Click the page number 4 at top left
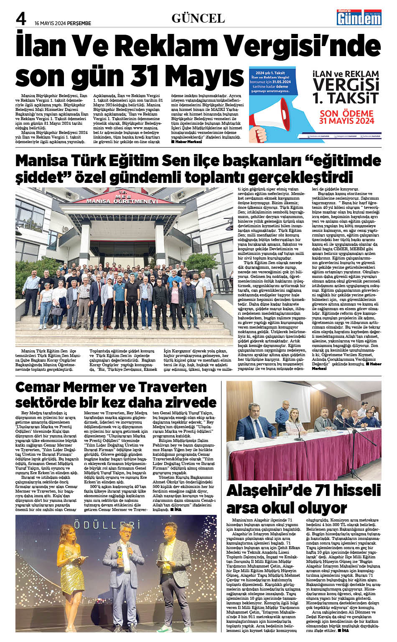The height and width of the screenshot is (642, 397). pyautogui.click(x=21, y=18)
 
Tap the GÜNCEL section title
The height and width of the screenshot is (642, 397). pyautogui.click(x=198, y=18)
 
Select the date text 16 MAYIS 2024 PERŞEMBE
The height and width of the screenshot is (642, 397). pyautogui.click(x=63, y=23)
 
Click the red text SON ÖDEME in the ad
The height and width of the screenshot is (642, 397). pyautogui.click(x=346, y=113)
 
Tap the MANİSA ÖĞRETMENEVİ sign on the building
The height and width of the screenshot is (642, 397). pyautogui.click(x=122, y=201)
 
